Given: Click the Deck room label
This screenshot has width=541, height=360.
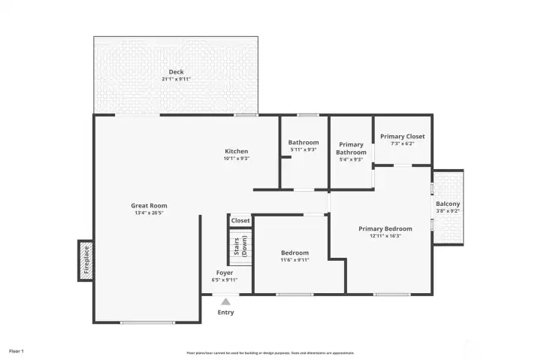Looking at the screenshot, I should [176, 72].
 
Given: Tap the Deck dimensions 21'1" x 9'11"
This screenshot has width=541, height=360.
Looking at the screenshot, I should [176, 79].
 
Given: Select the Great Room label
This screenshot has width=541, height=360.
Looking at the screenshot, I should [149, 205].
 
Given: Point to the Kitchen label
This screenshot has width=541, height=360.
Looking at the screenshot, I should [237, 151].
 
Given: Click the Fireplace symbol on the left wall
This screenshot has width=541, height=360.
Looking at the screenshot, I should [85, 261].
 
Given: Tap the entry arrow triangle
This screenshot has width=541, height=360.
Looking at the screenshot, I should [225, 301].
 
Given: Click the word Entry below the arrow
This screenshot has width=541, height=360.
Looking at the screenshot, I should [225, 313].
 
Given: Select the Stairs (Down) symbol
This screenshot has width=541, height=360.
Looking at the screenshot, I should [240, 246].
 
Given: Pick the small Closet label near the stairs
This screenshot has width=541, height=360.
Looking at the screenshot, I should [240, 220].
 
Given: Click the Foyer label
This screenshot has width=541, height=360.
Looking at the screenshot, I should [225, 273].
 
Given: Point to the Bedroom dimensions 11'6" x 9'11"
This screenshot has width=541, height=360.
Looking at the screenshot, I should [295, 260].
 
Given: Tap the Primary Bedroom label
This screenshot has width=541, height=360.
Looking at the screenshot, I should [385, 228].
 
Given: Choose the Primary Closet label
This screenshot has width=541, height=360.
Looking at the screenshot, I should [402, 136].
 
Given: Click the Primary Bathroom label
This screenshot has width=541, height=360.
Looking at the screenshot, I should [351, 148].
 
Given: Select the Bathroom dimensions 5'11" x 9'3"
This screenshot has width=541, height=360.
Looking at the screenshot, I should [304, 150].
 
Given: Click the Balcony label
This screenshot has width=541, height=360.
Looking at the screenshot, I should [448, 204].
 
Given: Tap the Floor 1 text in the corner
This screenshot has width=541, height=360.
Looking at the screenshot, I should [17, 351].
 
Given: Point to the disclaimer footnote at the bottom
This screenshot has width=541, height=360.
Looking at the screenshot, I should [270, 352].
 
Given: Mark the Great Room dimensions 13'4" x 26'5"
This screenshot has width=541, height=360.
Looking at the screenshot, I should [149, 213].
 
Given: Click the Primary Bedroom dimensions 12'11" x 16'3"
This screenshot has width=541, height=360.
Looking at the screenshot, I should [385, 236].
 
